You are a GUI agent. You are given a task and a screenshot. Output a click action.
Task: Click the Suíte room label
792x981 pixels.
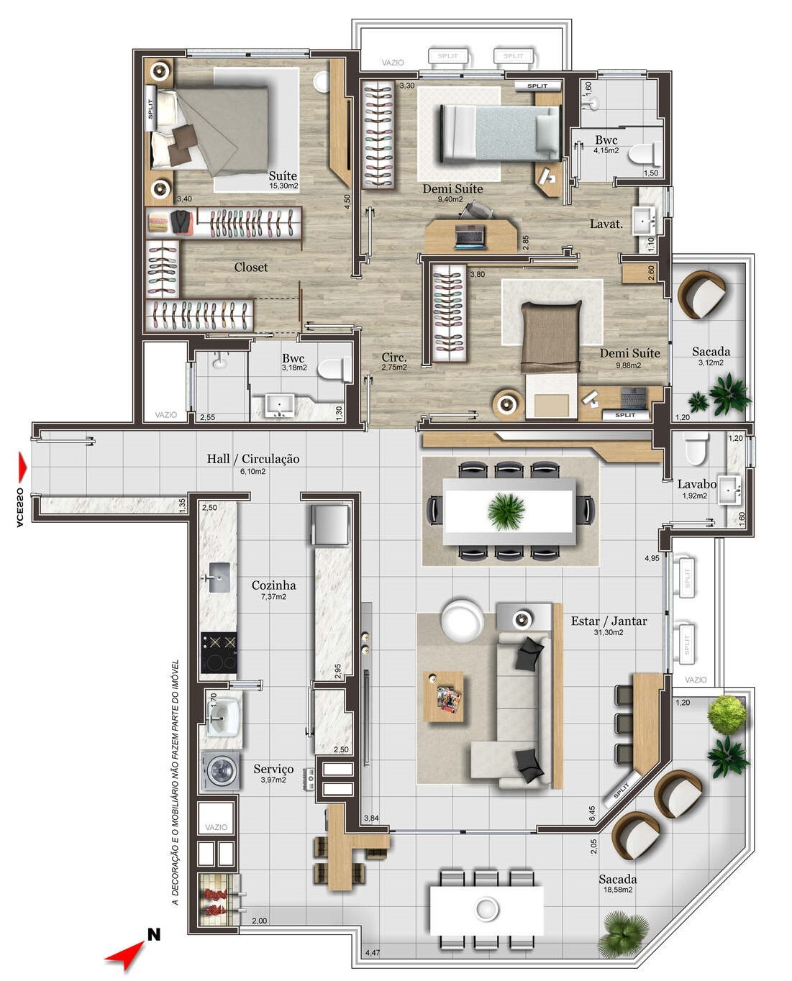[x=283, y=175]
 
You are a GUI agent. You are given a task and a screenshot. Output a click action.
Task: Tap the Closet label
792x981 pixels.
[x=250, y=267]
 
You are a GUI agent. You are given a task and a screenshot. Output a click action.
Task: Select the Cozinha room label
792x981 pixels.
[x=273, y=585]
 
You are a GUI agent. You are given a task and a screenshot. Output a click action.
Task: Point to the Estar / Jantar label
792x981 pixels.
[x=609, y=621]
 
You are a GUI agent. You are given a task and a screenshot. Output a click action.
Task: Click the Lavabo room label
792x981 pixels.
[x=696, y=484]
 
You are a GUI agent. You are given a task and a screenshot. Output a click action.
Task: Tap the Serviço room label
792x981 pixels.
[x=273, y=769]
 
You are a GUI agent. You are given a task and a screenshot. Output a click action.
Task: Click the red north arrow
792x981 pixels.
[x=124, y=954]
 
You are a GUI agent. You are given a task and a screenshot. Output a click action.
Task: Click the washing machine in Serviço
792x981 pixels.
[x=221, y=771]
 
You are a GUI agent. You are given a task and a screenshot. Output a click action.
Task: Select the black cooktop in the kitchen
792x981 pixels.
[x=219, y=652]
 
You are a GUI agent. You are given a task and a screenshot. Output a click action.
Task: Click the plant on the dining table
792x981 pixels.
[x=506, y=511]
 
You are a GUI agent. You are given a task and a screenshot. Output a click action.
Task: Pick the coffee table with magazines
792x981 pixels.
[x=443, y=696]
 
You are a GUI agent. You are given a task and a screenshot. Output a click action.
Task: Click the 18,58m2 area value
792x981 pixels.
[x=617, y=890]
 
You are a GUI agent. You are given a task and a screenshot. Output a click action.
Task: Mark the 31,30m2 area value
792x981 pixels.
[x=609, y=633]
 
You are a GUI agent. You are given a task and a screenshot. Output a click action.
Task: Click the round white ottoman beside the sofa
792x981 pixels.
[x=462, y=620]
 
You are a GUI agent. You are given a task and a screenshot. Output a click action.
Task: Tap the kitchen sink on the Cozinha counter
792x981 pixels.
[x=219, y=577]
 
